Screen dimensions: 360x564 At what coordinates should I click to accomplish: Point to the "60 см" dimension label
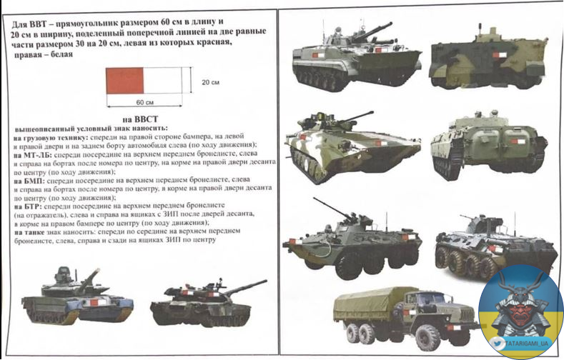(x=144, y=102)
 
